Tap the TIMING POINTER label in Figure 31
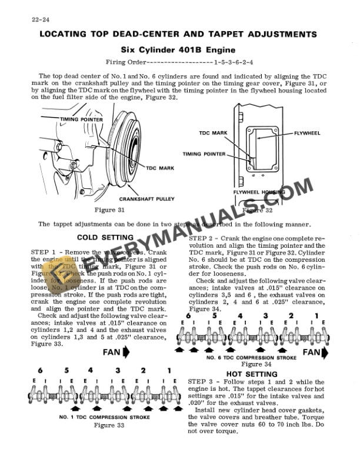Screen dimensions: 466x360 coord(81,119)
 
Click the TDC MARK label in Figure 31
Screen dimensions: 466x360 coord(159,168)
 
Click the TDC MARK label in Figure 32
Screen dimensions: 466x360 coord(213,134)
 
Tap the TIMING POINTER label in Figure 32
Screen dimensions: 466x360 coord(204,154)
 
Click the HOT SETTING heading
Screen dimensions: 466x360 coord(252,374)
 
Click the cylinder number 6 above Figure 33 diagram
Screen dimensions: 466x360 coord(40,371)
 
